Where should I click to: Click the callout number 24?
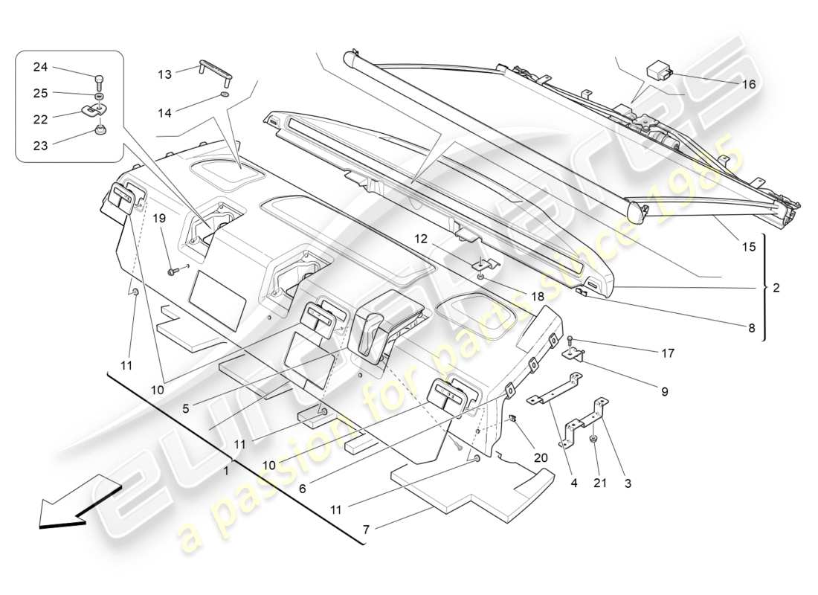coord(39,67)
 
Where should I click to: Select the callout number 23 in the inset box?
coord(39,146)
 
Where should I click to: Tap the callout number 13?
coord(164,74)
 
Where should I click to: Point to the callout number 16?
coord(748,84)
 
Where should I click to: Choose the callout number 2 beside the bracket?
coord(776,287)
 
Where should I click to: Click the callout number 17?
coord(667,353)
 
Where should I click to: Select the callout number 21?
coord(599,483)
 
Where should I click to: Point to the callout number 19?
coord(158,218)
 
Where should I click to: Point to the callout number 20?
coord(541,457)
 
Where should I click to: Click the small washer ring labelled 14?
coord(224,96)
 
